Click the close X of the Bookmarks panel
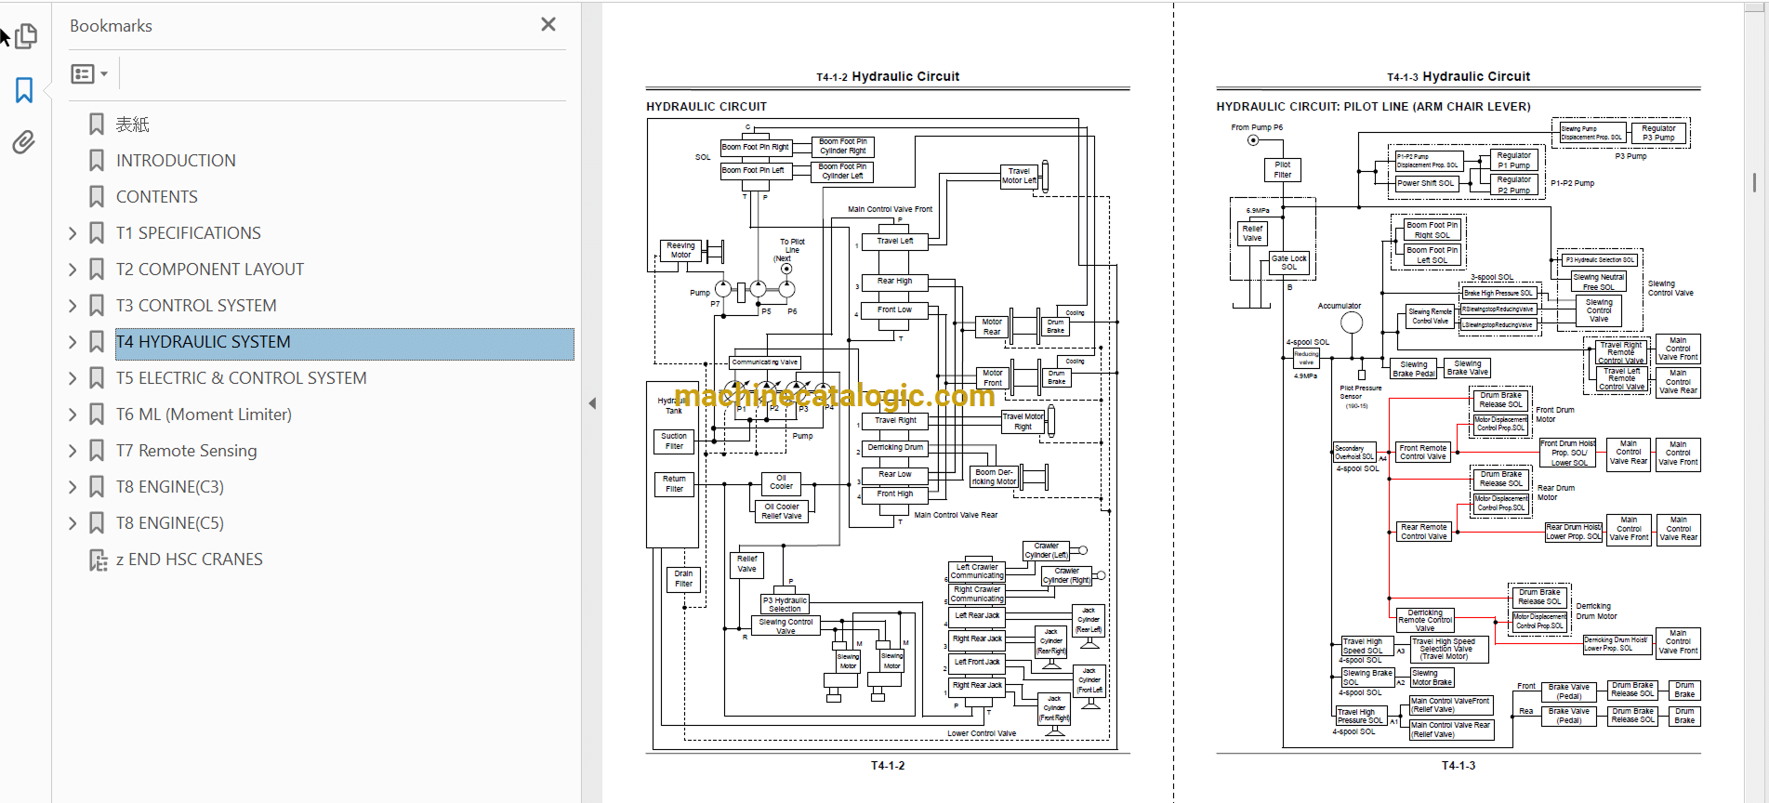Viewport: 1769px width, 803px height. pos(548,24)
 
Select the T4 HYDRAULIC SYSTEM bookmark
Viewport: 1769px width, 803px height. pos(203,342)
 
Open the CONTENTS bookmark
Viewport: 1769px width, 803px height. pos(156,197)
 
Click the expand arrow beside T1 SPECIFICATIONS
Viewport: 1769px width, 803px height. pos(73,233)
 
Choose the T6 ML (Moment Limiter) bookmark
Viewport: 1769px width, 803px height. pos(204,415)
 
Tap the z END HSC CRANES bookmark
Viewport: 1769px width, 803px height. pos(189,559)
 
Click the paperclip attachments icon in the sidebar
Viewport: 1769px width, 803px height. pos(24,142)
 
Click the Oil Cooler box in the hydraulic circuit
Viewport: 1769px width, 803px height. pos(781,481)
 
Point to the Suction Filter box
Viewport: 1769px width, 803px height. pos(674,441)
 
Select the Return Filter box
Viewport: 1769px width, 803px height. pos(674,484)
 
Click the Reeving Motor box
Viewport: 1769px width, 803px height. pos(680,250)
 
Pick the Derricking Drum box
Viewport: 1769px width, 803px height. pos(895,447)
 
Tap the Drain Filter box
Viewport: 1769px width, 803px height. pos(683,579)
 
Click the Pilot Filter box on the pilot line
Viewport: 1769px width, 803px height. pos(1283,169)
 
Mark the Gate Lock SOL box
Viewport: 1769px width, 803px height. pos(1289,263)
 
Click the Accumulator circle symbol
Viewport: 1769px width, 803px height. pos(1352,323)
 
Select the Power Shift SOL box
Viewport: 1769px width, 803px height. pos(1425,183)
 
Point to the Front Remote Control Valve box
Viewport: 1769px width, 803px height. pos(1423,453)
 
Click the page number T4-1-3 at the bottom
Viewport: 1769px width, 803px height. pos(1458,766)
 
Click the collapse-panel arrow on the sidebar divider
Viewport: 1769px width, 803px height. pos(592,403)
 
